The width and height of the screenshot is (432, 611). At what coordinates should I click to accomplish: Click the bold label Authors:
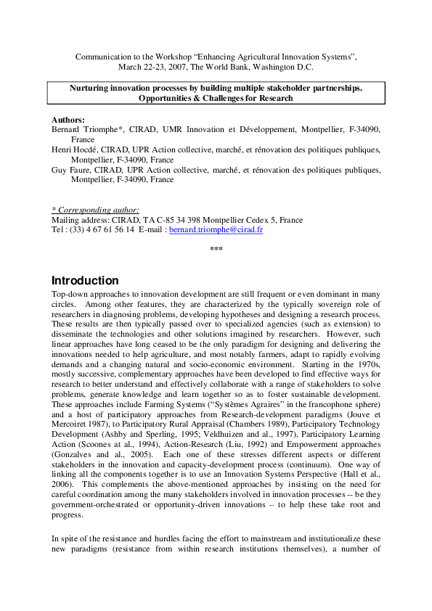[x=68, y=119]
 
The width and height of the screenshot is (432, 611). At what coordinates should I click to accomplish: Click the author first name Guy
[x=59, y=170]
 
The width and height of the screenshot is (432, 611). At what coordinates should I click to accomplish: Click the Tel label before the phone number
[x=58, y=229]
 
